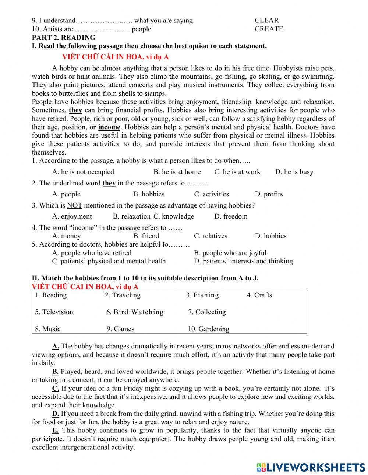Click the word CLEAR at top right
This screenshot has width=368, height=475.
point(266,21)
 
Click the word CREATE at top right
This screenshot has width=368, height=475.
point(269,29)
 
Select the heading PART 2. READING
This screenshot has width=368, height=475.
point(63,38)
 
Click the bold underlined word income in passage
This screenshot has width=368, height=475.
point(109,127)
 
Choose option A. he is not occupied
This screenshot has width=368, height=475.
point(83,172)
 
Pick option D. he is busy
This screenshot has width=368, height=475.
point(294,172)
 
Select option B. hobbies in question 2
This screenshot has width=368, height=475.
point(149,194)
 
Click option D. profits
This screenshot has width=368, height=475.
point(269,194)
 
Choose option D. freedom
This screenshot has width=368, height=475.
point(231,216)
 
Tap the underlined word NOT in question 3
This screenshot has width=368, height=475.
point(74,205)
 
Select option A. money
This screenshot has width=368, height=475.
point(67,236)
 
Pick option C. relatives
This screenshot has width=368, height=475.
point(210,236)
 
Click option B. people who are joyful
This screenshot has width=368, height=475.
point(230,253)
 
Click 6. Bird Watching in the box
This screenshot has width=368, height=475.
point(135,312)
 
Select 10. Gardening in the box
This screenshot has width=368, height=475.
point(208,329)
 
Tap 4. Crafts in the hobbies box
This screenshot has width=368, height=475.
point(259,295)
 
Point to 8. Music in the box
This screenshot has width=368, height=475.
point(48,329)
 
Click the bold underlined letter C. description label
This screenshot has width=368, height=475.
point(56,389)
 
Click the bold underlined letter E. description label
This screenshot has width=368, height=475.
point(56,430)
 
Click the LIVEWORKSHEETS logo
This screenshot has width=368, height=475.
point(311,467)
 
